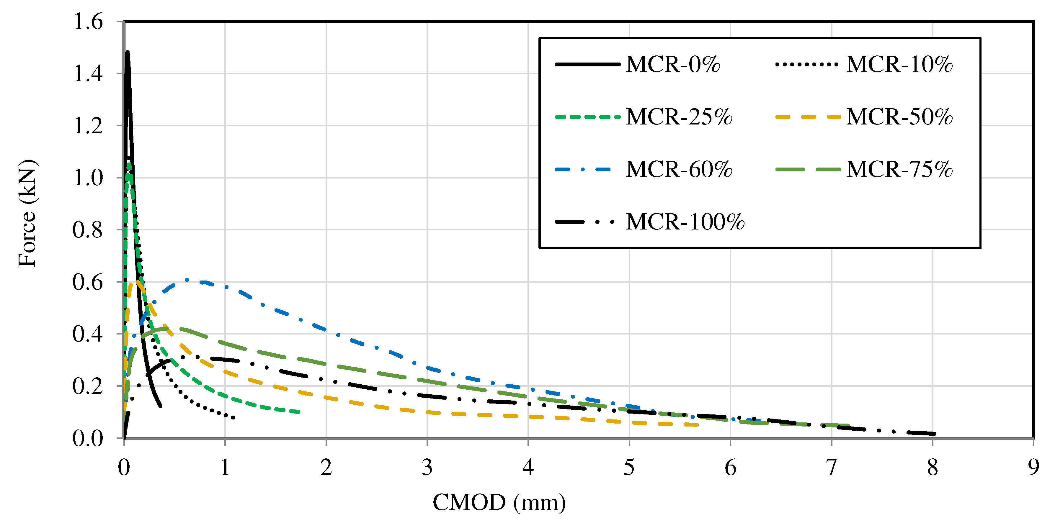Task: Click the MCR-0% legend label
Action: [x=672, y=64]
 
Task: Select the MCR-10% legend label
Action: [x=899, y=64]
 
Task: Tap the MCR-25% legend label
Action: [x=679, y=117]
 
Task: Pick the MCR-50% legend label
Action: [x=899, y=117]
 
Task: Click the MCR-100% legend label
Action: [x=685, y=222]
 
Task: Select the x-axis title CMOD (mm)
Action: [x=499, y=502]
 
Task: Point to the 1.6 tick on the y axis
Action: [x=88, y=22]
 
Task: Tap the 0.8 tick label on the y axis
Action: [x=88, y=230]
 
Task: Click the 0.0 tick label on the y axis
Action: [x=88, y=439]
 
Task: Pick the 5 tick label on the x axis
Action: [x=629, y=467]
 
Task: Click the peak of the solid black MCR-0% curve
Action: [x=128, y=52]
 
